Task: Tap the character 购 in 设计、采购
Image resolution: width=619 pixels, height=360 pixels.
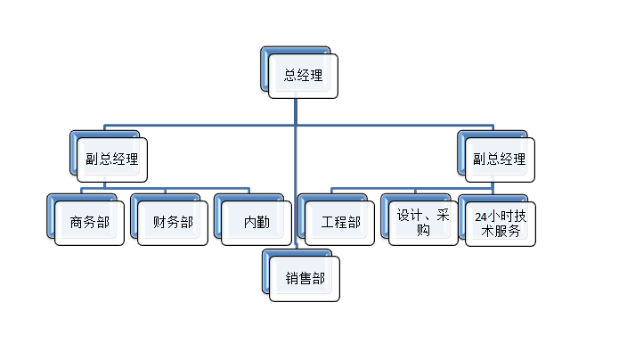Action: pos(424,230)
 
